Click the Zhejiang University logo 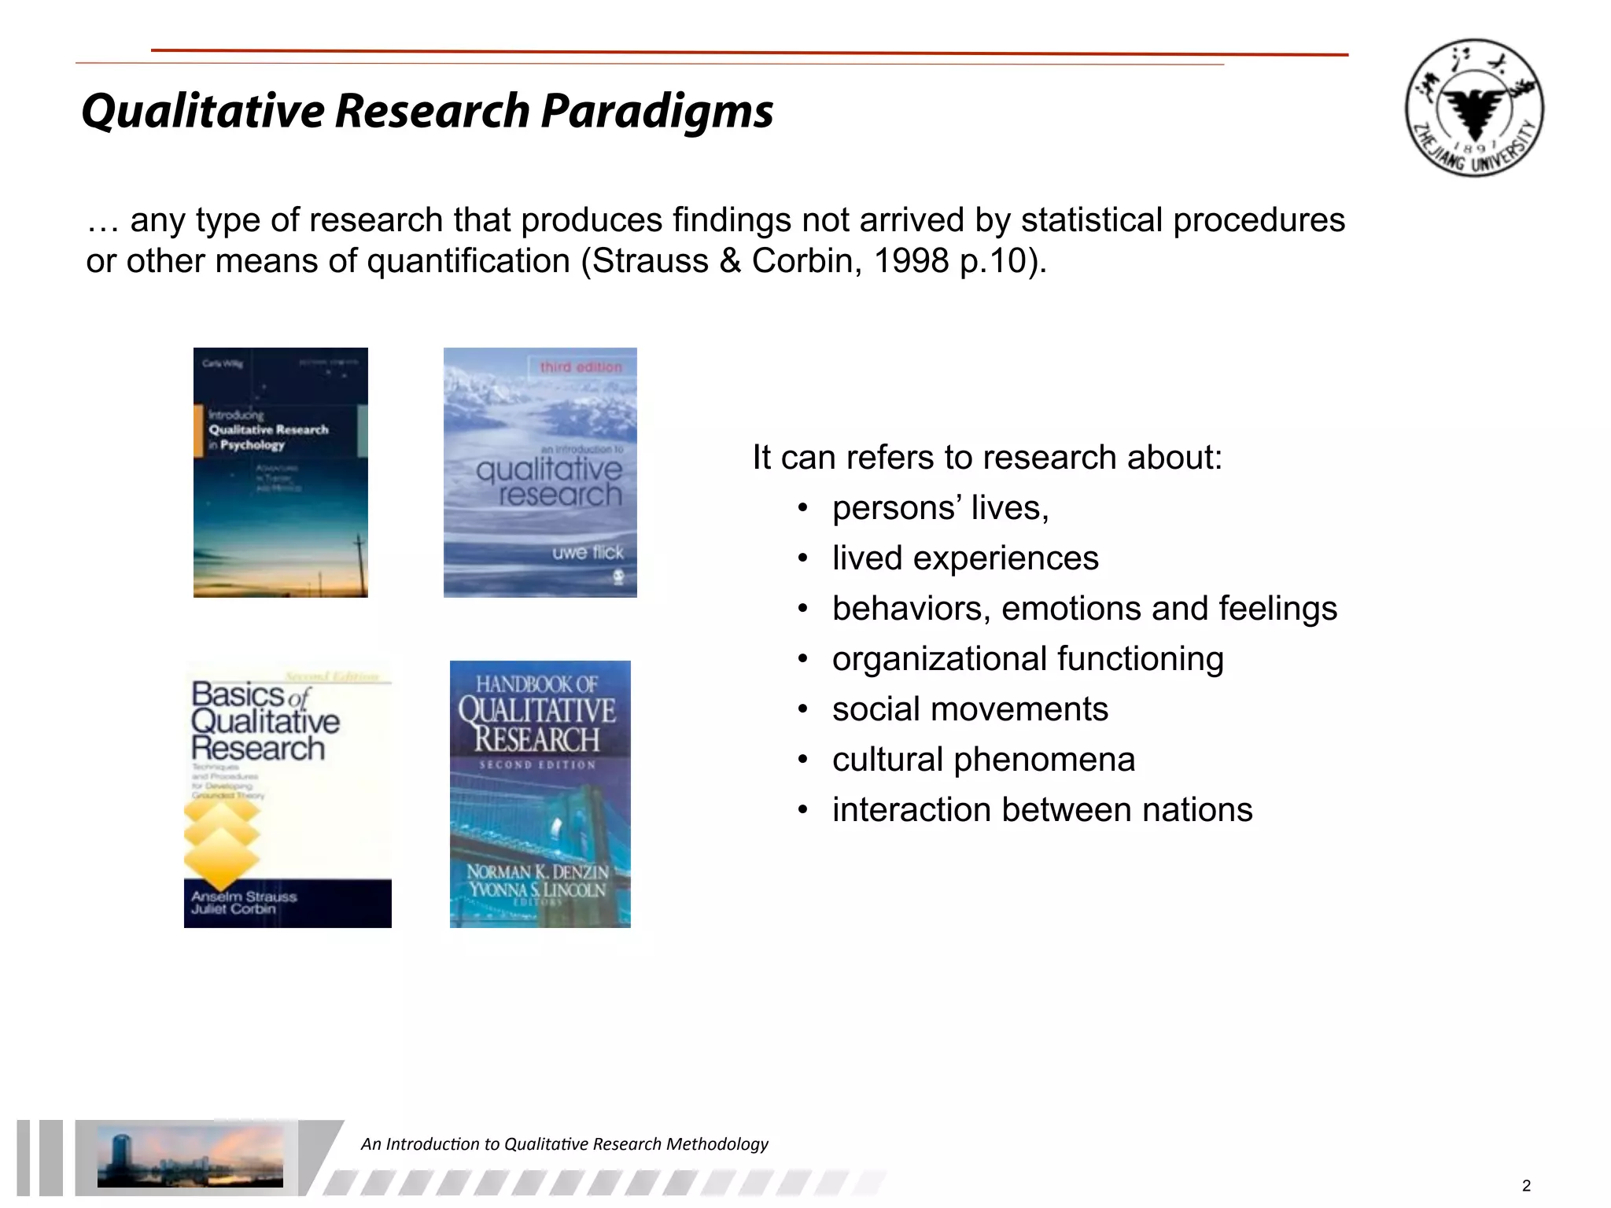pyautogui.click(x=1474, y=108)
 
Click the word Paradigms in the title pyautogui.click(x=657, y=110)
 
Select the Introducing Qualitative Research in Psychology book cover pyautogui.click(x=280, y=472)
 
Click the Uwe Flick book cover pyautogui.click(x=540, y=472)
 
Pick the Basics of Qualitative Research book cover pyautogui.click(x=287, y=794)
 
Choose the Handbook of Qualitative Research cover pyautogui.click(x=540, y=794)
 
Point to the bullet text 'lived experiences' pyautogui.click(x=965, y=558)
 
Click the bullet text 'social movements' pyautogui.click(x=970, y=709)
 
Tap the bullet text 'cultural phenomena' pyautogui.click(x=983, y=760)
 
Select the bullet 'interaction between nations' pyautogui.click(x=1042, y=810)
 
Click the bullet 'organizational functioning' pyautogui.click(x=1027, y=659)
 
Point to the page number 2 pyautogui.click(x=1526, y=1186)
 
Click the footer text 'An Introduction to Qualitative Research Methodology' pyautogui.click(x=564, y=1144)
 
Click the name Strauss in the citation pyautogui.click(x=650, y=261)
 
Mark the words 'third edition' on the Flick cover pyautogui.click(x=581, y=367)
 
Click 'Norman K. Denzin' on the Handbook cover pyautogui.click(x=537, y=871)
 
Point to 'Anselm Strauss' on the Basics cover pyautogui.click(x=244, y=897)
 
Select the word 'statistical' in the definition pyautogui.click(x=1090, y=220)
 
